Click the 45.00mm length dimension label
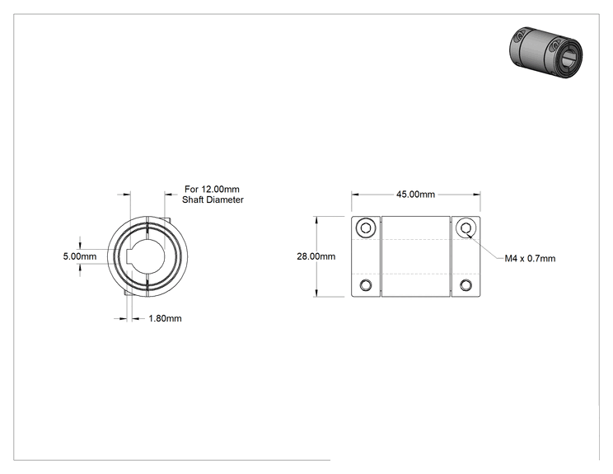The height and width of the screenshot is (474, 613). point(415,195)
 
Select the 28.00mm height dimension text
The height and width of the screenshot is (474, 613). point(316,256)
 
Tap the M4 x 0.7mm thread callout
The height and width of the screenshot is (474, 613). point(530,259)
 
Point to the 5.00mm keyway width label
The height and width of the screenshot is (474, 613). point(80,256)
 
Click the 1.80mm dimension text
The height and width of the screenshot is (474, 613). point(165,319)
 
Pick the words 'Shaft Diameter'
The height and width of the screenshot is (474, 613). point(213,199)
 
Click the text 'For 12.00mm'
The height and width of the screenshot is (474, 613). point(212,190)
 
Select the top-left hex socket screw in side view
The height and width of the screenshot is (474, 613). point(366,228)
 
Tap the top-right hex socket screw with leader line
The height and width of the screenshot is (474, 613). point(466,228)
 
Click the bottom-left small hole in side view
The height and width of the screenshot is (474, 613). point(366,285)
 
